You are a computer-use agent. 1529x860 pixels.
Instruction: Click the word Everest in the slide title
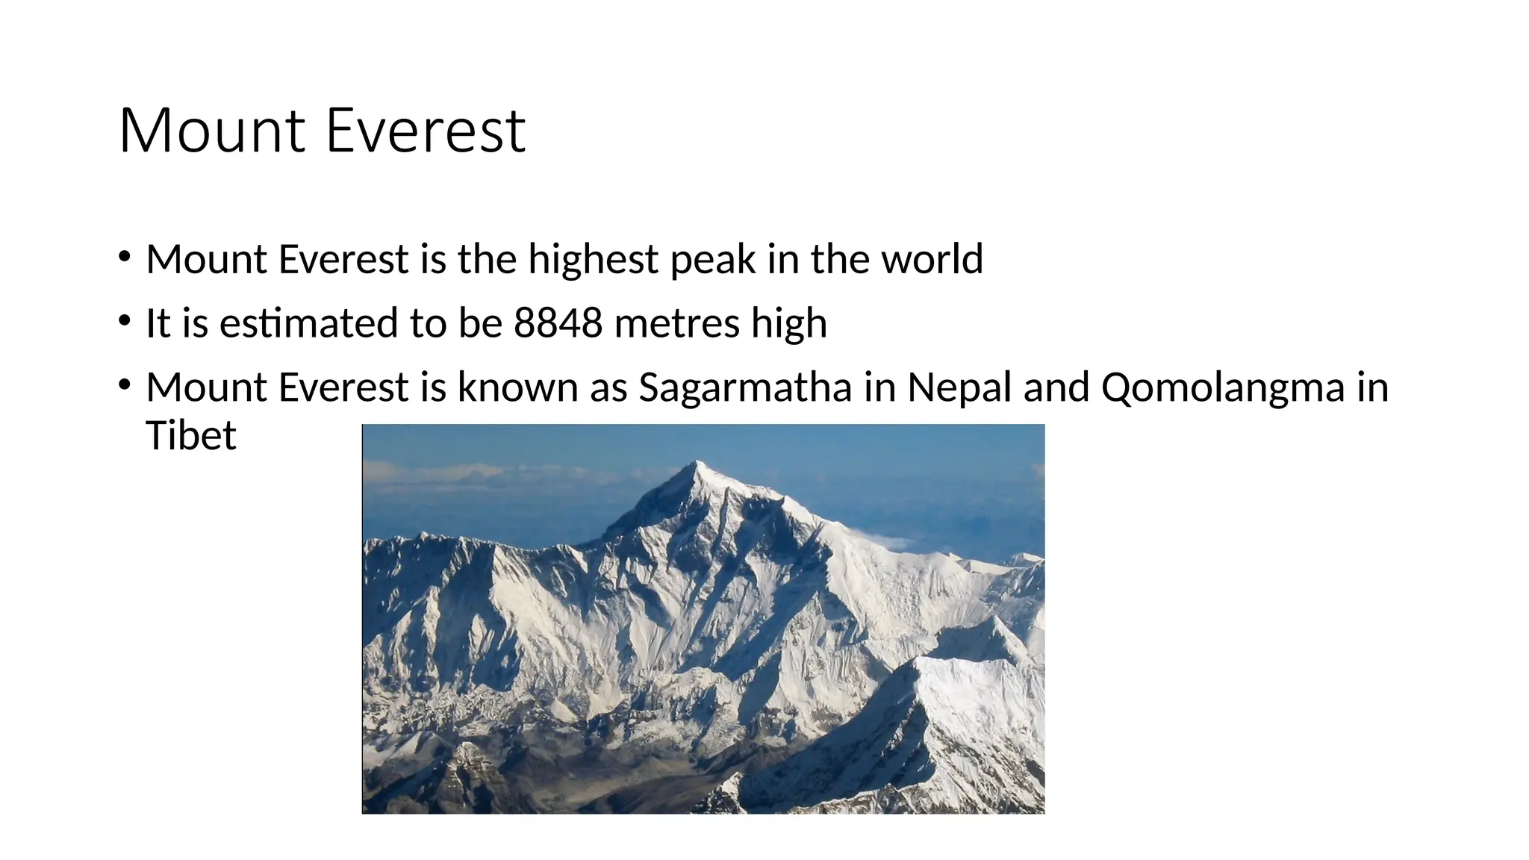click(x=426, y=131)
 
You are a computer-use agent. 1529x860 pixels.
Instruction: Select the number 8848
click(x=558, y=323)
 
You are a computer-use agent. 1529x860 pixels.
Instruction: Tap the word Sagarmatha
click(x=744, y=387)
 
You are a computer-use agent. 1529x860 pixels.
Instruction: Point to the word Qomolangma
click(x=1222, y=387)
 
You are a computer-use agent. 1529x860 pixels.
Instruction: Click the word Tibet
click(x=191, y=435)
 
